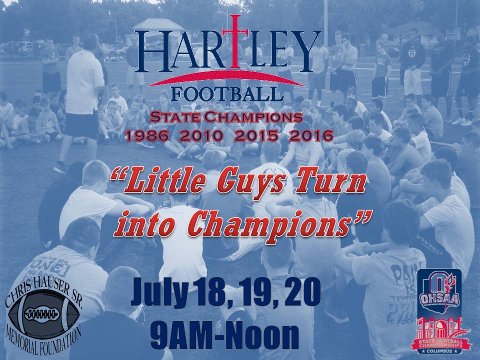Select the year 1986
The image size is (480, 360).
point(147,135)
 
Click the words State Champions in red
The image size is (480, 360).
point(226,118)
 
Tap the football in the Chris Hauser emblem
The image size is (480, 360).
point(43,313)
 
